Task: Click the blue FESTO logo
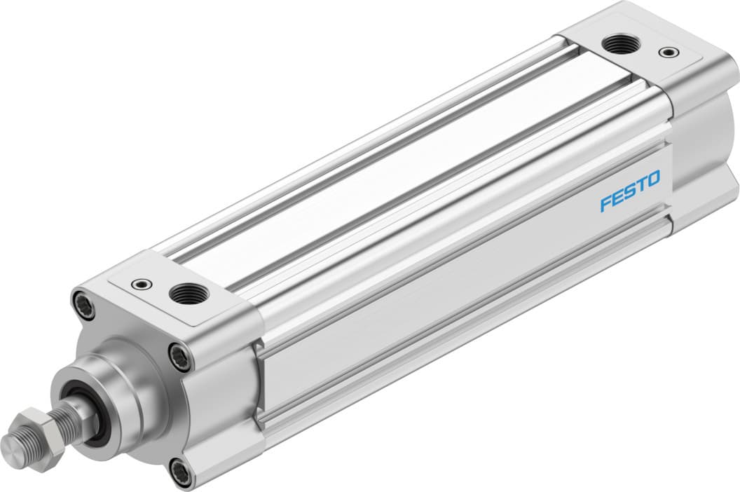click(x=629, y=192)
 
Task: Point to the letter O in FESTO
click(x=652, y=181)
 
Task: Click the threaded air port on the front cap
click(x=185, y=292)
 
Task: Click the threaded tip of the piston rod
click(x=12, y=442)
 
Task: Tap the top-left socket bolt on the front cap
click(x=83, y=306)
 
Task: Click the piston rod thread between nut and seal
click(x=68, y=418)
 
